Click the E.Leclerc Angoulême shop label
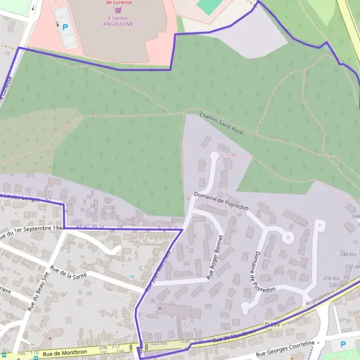pyautogui.click(x=118, y=21)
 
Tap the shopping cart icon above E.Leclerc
pyautogui.click(x=119, y=10)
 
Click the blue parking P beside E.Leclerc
pyautogui.click(x=65, y=27)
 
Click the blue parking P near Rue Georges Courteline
pyautogui.click(x=343, y=344)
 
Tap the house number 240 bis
pyautogui.click(x=348, y=254)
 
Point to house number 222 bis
pyautogui.click(x=159, y=343)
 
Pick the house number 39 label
pyautogui.click(x=92, y=207)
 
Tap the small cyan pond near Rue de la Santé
pyautogui.click(x=132, y=277)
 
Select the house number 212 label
pyautogui.click(x=115, y=347)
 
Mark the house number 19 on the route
pyautogui.click(x=120, y=228)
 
